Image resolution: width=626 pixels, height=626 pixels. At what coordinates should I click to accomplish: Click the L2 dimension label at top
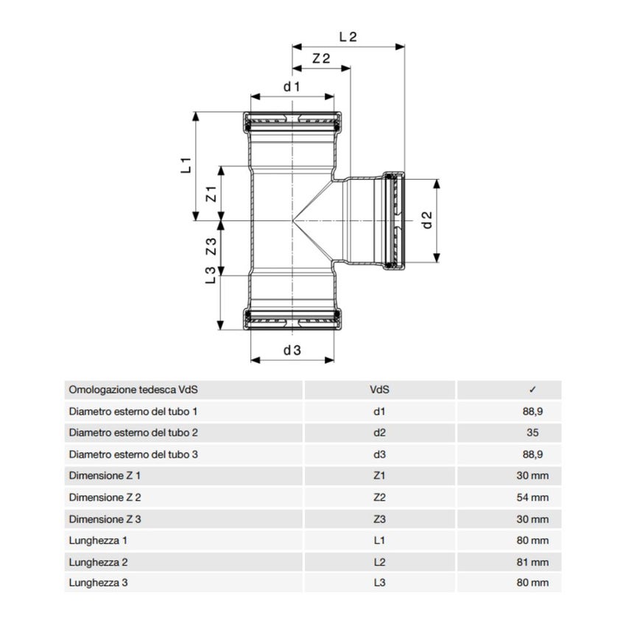point(348,35)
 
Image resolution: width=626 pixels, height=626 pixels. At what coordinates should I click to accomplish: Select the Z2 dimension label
point(320,59)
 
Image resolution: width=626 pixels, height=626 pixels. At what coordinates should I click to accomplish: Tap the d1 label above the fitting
point(292,87)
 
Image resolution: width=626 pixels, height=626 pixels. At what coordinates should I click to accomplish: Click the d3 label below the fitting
point(292,351)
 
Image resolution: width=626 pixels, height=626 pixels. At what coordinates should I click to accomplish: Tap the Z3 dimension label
point(210,247)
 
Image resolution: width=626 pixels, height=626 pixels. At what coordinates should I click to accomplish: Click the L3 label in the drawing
point(210,275)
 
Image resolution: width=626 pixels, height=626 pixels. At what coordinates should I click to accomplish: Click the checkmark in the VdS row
point(532,390)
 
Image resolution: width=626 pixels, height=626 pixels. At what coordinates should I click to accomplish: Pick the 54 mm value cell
point(532,497)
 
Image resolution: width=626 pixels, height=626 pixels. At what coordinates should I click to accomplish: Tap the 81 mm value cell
point(532,562)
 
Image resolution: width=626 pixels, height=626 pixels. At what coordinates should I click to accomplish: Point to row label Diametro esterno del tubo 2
point(133,433)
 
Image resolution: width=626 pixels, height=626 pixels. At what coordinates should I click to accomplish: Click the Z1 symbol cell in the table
point(380,476)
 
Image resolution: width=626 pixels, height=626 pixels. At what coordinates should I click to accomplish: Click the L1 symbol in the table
point(380,541)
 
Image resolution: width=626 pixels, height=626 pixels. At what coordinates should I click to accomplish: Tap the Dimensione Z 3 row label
point(105,519)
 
